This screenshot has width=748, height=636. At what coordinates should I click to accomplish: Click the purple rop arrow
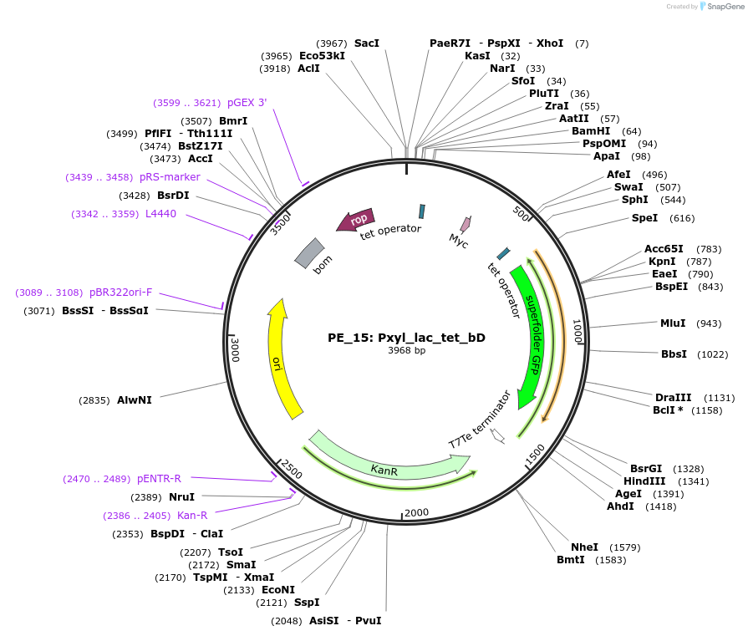pyautogui.click(x=356, y=219)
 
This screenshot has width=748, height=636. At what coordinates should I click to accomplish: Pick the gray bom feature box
pyautogui.click(x=309, y=252)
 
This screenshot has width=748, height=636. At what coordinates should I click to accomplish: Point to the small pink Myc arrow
pyautogui.click(x=466, y=224)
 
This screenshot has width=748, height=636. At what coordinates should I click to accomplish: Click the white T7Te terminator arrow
pyautogui.click(x=498, y=435)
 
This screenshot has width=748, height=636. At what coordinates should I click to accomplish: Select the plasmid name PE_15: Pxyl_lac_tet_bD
pyautogui.click(x=406, y=338)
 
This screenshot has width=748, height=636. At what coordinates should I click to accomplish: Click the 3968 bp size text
pyautogui.click(x=406, y=351)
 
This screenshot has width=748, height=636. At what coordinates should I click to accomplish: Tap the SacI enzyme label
pyautogui.click(x=366, y=43)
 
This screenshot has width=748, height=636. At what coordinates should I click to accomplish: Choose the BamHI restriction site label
pyautogui.click(x=590, y=131)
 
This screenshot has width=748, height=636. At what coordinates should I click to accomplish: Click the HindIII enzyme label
pyautogui.click(x=647, y=481)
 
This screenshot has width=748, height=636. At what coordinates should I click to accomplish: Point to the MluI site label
pyautogui.click(x=673, y=323)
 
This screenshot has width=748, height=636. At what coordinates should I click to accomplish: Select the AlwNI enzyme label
pyautogui.click(x=135, y=400)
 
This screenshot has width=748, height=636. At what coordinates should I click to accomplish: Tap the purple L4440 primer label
pyautogui.click(x=160, y=215)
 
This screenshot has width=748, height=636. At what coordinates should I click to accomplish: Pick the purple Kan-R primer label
pyautogui.click(x=192, y=516)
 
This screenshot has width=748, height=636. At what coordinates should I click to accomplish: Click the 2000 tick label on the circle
pyautogui.click(x=415, y=512)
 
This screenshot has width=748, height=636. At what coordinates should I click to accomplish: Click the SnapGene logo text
pyautogui.click(x=723, y=7)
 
